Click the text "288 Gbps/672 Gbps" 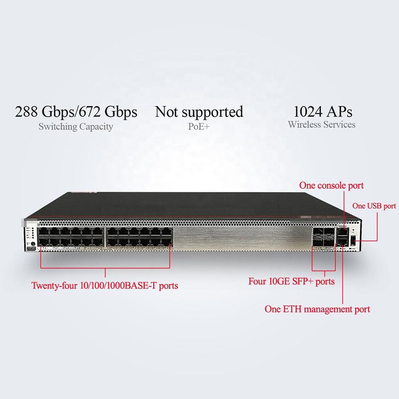coord(76,113)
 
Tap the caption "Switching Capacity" coord(76,127)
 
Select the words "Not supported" coord(199,112)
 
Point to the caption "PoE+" coord(199,127)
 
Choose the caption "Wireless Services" coord(321,124)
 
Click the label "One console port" coord(331,185)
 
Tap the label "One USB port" coord(374,206)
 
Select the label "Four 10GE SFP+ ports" coord(291,281)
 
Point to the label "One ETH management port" coord(318,309)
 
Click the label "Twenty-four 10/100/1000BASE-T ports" coord(105,286)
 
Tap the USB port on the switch coord(352,240)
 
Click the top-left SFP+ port coord(317,232)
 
